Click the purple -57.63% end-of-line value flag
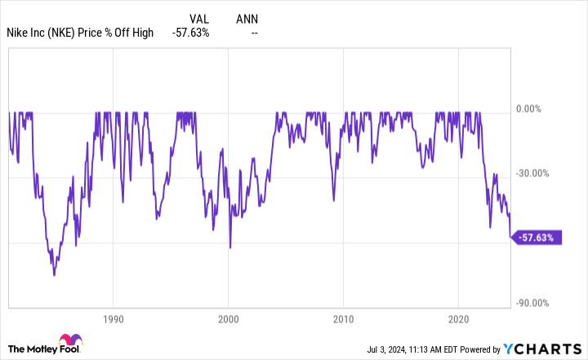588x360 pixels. (x=537, y=238)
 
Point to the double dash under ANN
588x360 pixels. (x=255, y=33)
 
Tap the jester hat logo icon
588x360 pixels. (x=67, y=342)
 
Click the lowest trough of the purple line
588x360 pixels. (x=55, y=276)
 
